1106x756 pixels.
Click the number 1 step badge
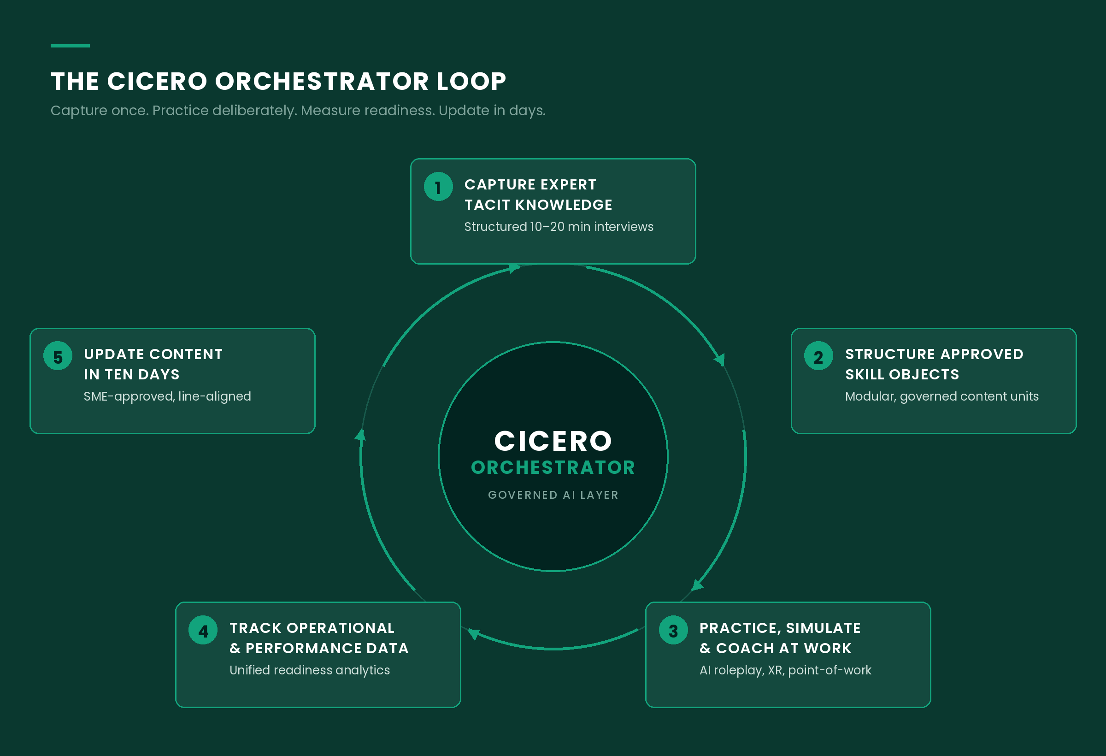438,187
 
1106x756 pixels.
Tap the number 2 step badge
818,356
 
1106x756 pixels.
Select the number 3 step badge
673,630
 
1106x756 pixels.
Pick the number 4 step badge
203,630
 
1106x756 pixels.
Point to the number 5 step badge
58,356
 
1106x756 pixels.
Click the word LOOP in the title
471,82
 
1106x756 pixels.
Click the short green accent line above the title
70,46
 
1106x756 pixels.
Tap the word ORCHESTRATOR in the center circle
553,467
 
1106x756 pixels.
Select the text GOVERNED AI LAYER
553,495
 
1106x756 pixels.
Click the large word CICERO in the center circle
553,441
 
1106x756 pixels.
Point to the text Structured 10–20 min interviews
559,227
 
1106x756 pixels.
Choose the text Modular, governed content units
942,396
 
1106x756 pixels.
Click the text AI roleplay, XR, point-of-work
785,670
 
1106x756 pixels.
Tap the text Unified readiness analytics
309,670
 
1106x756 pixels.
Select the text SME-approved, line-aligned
167,396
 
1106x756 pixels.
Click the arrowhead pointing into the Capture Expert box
514,268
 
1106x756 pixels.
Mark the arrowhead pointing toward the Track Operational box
474,634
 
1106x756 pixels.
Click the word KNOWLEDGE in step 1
564,205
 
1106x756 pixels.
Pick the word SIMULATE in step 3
824,628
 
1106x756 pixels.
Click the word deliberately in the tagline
247,111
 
